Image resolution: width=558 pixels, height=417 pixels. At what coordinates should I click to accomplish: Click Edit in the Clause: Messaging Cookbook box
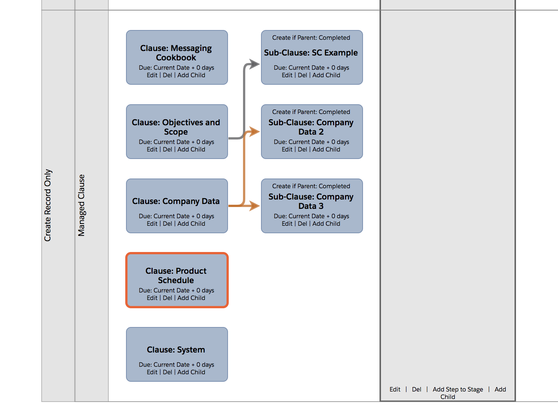pyautogui.click(x=152, y=75)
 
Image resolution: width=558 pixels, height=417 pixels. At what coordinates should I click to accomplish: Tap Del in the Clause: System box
pyautogui.click(x=167, y=372)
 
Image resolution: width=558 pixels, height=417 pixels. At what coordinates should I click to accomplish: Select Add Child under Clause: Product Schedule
pyautogui.click(x=191, y=298)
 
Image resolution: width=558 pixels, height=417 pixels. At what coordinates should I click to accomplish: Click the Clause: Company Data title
pyautogui.click(x=176, y=201)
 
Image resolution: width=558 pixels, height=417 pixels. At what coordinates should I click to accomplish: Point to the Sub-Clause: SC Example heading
pyautogui.click(x=311, y=53)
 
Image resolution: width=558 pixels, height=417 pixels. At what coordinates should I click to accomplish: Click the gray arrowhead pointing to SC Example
pyautogui.click(x=255, y=64)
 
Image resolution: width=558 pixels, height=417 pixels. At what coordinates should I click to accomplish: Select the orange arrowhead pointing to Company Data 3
pyautogui.click(x=255, y=206)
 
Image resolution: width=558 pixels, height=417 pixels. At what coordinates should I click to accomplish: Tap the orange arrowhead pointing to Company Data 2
pyautogui.click(x=255, y=132)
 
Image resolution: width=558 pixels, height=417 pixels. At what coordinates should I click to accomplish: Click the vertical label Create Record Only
pyautogui.click(x=48, y=205)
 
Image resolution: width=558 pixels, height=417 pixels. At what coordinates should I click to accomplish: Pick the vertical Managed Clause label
pyautogui.click(x=81, y=205)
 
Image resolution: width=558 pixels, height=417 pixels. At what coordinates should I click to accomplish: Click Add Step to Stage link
pyautogui.click(x=457, y=389)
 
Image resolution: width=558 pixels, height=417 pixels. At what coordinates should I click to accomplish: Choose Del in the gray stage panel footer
pyautogui.click(x=416, y=389)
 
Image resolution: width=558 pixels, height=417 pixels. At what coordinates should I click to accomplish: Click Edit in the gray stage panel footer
pyautogui.click(x=395, y=389)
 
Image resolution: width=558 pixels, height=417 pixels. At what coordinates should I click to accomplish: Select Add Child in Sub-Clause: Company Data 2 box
pyautogui.click(x=326, y=149)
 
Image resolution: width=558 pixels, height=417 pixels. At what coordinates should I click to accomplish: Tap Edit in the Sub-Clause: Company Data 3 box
pyautogui.click(x=287, y=223)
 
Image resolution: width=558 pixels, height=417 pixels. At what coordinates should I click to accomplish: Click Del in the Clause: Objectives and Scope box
pyautogui.click(x=167, y=149)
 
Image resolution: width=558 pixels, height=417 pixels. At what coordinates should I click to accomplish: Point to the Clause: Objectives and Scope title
pyautogui.click(x=176, y=127)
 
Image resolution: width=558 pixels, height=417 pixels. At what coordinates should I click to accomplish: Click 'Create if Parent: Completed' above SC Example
pyautogui.click(x=311, y=37)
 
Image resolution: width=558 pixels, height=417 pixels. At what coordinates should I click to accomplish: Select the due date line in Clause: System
pyautogui.click(x=176, y=364)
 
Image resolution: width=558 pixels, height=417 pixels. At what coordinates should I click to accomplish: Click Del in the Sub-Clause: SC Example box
pyautogui.click(x=302, y=75)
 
